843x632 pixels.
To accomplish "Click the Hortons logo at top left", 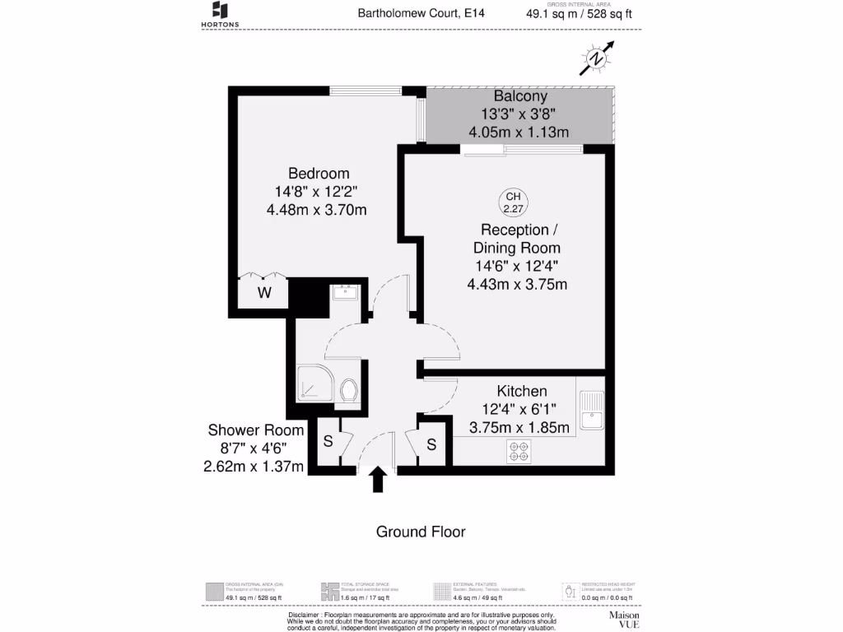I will click(220, 14).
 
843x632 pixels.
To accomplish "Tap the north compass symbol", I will click(595, 60).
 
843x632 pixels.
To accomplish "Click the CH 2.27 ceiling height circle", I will click(513, 202).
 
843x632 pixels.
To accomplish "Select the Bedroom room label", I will click(319, 174).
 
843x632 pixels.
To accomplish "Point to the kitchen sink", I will click(591, 412).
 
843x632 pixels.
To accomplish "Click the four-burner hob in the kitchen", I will click(519, 450).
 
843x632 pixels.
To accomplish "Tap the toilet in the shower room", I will click(347, 392).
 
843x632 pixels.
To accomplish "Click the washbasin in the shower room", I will click(344, 292).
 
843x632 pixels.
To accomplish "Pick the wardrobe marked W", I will click(264, 293).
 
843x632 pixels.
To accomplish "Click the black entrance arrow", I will click(378, 479).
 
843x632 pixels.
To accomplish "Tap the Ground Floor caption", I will click(421, 532).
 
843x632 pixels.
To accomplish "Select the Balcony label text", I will click(520, 96).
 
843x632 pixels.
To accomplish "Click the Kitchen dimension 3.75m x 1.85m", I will click(519, 427).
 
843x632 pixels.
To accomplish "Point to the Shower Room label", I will click(255, 430).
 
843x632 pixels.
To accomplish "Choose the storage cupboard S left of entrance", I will click(328, 441).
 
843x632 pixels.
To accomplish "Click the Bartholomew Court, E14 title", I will click(409, 13).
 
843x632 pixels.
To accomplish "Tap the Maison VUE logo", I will click(625, 620).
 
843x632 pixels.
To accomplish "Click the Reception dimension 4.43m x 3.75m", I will click(517, 285).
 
